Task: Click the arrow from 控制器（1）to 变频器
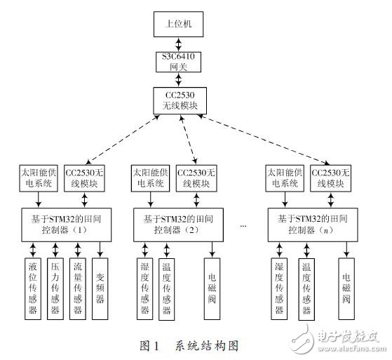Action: pyautogui.click(x=102, y=249)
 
